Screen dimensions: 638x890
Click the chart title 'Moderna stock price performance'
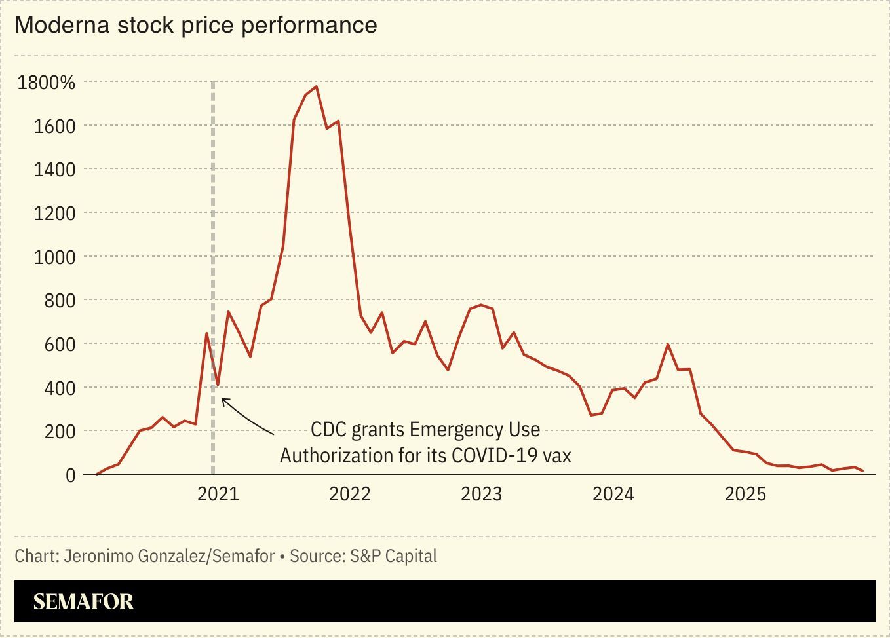tap(195, 25)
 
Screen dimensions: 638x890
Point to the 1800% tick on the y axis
tap(46, 83)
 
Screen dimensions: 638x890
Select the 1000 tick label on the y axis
tap(54, 257)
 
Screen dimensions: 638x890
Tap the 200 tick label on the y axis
tap(60, 432)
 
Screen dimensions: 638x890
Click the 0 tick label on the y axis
tap(70, 475)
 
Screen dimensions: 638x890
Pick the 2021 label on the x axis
tap(218, 494)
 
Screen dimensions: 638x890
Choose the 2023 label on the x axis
tap(481, 494)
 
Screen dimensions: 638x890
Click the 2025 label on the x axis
tap(745, 494)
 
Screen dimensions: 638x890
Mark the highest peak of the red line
tap(317, 86)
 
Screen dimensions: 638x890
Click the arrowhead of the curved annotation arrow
tap(223, 400)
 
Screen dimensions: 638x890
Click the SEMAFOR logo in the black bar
tap(83, 601)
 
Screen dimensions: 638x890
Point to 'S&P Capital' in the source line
tap(393, 556)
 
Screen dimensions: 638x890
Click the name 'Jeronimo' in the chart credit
tap(95, 556)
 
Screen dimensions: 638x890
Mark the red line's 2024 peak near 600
tap(668, 344)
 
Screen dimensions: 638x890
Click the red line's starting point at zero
tap(97, 474)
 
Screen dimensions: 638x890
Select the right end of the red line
tap(863, 471)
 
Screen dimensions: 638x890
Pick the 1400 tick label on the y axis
tap(54, 170)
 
